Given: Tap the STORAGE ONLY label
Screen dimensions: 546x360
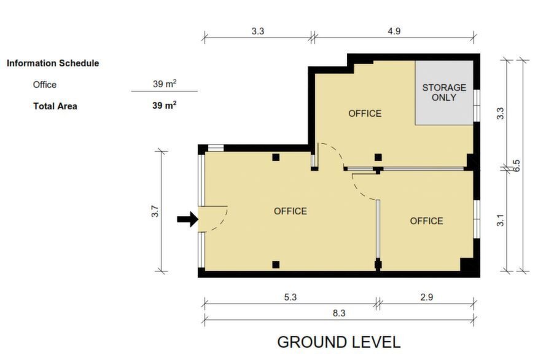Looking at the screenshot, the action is (x=444, y=92).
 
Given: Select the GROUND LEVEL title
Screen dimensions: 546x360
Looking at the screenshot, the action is (x=339, y=342).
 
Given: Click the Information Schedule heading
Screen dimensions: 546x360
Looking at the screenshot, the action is (x=53, y=63).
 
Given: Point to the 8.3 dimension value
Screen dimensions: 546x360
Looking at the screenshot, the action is (x=339, y=313).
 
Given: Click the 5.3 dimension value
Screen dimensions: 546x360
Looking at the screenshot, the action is (x=290, y=297).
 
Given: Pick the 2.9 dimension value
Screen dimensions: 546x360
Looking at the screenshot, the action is (x=427, y=297).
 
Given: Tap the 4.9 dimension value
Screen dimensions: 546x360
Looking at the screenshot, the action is (x=394, y=31).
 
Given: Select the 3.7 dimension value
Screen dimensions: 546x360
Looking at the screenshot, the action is (x=155, y=212).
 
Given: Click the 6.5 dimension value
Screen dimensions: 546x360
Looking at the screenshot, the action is (x=517, y=165).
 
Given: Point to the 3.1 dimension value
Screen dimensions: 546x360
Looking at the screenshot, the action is (x=500, y=221).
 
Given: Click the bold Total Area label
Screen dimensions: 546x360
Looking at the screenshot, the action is (x=55, y=106).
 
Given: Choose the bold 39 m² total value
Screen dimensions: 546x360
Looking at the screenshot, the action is (x=165, y=105).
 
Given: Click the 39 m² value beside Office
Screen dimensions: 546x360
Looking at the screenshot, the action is (x=165, y=84).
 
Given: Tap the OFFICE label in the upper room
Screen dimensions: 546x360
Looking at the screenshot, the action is (x=365, y=113).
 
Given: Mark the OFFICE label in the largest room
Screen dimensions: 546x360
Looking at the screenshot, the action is (x=291, y=211).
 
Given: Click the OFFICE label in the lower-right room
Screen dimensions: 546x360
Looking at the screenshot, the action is (x=427, y=221).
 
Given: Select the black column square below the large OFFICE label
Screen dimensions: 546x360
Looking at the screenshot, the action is (x=276, y=265).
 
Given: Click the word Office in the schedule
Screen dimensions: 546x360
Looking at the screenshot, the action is (x=45, y=85).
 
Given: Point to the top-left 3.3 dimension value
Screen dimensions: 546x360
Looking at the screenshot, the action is (x=258, y=31).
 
